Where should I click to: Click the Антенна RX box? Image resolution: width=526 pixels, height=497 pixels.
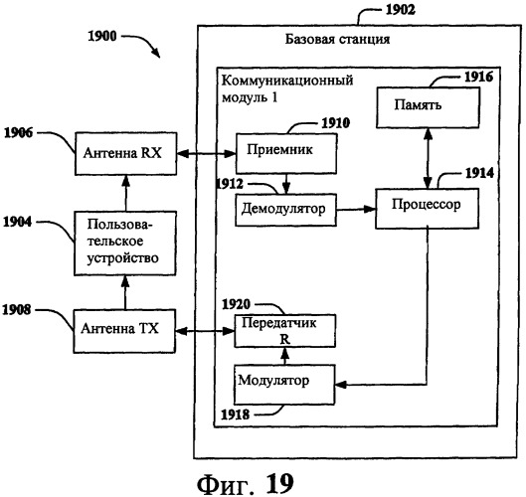pos(126,154)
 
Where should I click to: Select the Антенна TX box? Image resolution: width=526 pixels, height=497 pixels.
pos(124,331)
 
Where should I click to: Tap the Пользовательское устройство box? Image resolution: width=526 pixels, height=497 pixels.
pos(125,244)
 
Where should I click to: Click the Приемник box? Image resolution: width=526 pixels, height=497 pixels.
pos(286,154)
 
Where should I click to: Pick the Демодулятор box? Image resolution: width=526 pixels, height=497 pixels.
pos(285,210)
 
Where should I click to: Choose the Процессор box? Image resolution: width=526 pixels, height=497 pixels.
pos(427,209)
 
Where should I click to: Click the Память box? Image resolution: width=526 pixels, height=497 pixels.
pos(428,107)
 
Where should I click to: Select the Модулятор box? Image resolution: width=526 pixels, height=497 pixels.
pos(284,385)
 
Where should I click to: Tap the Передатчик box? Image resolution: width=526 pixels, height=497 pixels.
pos(284,331)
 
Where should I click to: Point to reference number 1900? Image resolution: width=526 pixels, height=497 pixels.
pos(102,36)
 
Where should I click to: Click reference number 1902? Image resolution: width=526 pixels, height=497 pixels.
pos(401,9)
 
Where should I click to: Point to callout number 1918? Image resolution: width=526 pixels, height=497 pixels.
pos(235,414)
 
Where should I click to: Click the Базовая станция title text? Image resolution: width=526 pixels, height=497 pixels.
pos(337,39)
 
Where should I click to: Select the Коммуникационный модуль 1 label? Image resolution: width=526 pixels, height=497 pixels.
pos(287,88)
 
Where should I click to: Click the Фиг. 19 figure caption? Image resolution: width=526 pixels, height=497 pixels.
pos(246,483)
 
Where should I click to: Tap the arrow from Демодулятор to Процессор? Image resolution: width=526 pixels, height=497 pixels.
pos(356,210)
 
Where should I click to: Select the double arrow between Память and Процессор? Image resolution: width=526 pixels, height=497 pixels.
pos(428,158)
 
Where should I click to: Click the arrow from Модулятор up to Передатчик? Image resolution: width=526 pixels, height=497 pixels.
pos(284,356)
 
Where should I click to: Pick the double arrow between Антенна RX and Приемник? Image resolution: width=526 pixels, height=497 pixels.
pos(206,154)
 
